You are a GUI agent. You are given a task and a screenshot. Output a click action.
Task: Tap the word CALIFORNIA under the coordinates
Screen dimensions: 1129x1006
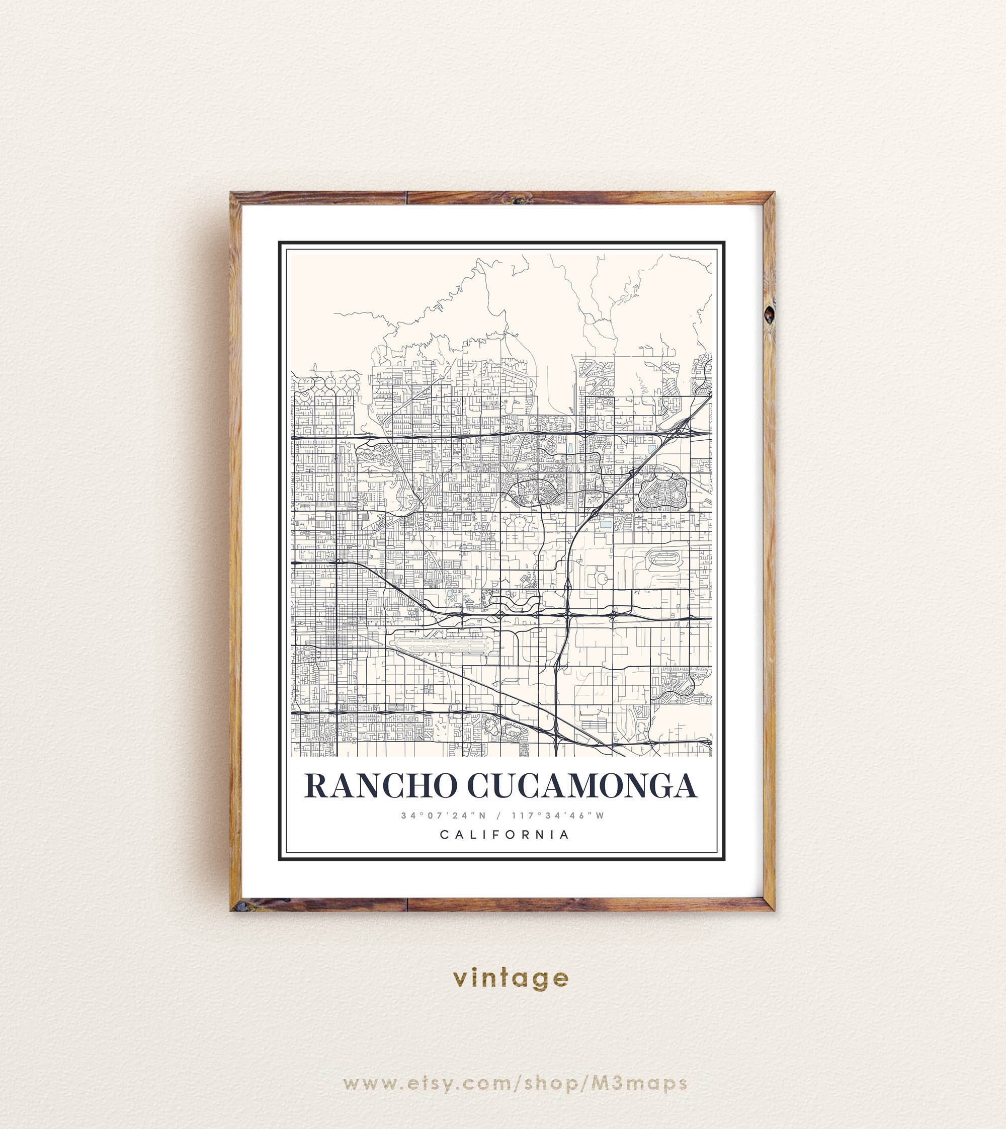coord(505,834)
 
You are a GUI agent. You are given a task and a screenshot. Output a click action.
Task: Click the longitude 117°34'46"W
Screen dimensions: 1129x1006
coord(558,816)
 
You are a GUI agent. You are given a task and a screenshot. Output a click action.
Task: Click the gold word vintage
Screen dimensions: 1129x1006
coord(510,978)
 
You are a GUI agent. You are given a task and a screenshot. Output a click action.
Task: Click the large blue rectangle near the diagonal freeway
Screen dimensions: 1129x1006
coord(606,523)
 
